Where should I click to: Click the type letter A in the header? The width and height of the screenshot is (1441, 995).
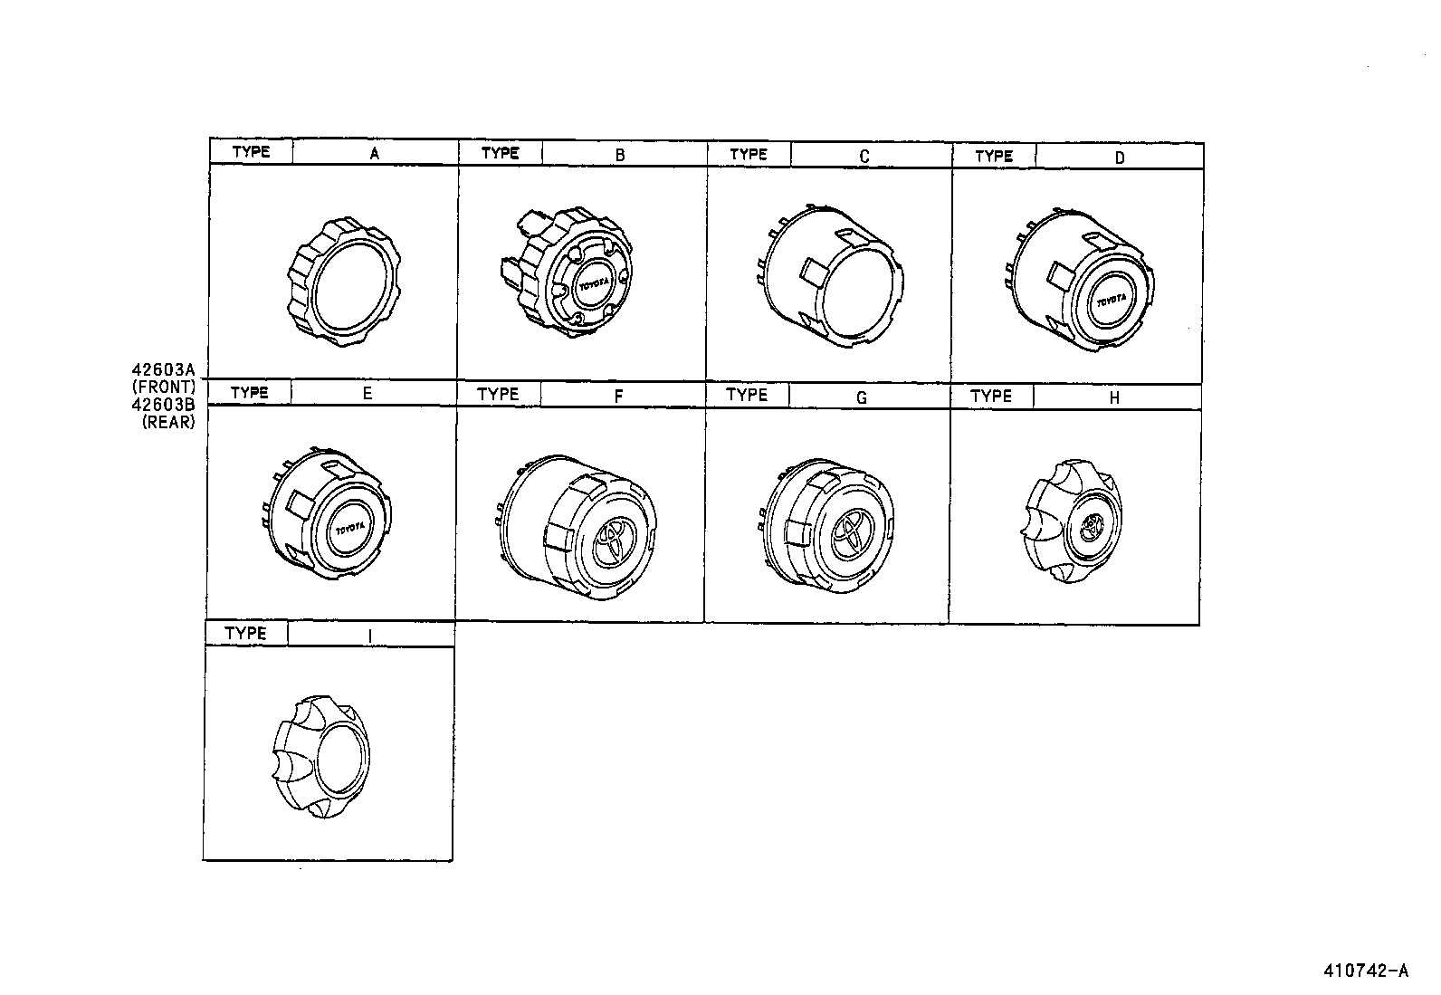coord(375,153)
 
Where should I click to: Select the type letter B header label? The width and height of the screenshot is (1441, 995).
coord(620,155)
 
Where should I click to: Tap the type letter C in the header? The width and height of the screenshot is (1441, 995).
coord(864,156)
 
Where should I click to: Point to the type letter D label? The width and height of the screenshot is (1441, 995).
coord(1120,158)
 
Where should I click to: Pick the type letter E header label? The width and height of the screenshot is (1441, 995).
coord(367,393)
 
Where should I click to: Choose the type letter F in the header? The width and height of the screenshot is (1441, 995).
coord(618,396)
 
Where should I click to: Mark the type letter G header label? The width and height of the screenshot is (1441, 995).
coord(862,397)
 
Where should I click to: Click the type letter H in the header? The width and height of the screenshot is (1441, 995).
coord(1114,397)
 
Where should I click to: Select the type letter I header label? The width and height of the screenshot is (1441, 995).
coord(369,635)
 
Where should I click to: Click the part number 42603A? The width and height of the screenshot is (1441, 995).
coord(163,368)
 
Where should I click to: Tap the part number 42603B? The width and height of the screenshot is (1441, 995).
coord(163,404)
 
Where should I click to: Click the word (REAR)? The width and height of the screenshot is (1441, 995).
coord(168,421)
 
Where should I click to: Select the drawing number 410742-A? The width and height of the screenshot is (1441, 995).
coord(1366,971)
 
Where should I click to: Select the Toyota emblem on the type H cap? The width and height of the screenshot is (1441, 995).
coord(1089,526)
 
